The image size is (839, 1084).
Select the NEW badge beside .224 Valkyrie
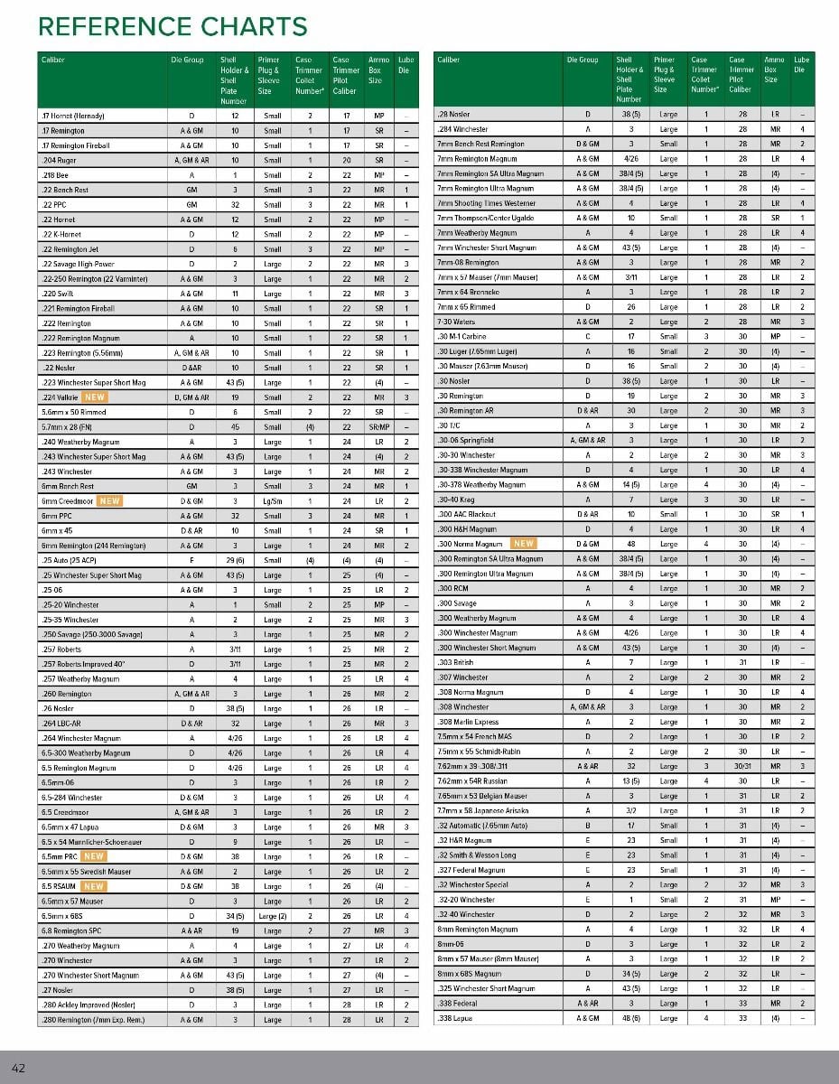pyautogui.click(x=95, y=397)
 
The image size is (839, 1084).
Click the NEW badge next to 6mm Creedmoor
pyautogui.click(x=109, y=500)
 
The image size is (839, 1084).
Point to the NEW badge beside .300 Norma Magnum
pyautogui.click(x=523, y=544)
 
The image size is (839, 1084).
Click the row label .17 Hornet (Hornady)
pyautogui.click(x=73, y=117)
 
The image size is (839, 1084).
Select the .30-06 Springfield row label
pyautogui.click(x=465, y=440)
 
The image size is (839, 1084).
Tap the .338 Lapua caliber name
pyautogui.click(x=456, y=1018)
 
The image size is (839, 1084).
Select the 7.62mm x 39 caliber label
pyautogui.click(x=480, y=765)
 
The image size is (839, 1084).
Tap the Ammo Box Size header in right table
pyautogui.click(x=774, y=69)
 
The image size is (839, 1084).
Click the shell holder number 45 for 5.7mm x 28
pyautogui.click(x=235, y=426)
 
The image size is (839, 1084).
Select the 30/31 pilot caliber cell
pyautogui.click(x=739, y=765)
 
